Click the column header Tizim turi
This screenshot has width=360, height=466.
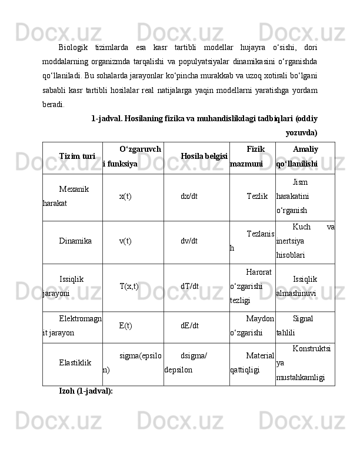78,157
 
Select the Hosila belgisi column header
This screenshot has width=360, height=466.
205,157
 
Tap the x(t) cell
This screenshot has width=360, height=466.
125,197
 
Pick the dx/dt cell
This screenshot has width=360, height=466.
189,197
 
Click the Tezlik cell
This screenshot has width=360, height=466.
257,197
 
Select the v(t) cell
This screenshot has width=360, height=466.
125,241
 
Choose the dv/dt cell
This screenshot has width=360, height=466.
189,241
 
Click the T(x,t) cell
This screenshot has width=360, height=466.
129,287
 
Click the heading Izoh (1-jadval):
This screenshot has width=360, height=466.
86,391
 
